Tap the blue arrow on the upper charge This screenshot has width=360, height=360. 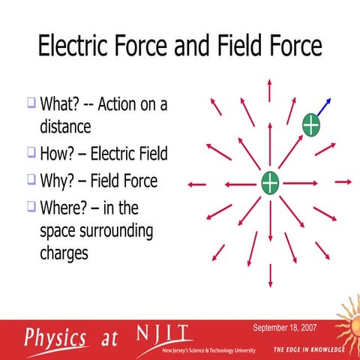coord(324,106)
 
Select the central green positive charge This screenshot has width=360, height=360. coord(270,182)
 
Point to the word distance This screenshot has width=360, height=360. coord(64,125)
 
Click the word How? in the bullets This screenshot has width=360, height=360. coord(57,154)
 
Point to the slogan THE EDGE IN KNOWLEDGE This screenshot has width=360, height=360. coord(309,350)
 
